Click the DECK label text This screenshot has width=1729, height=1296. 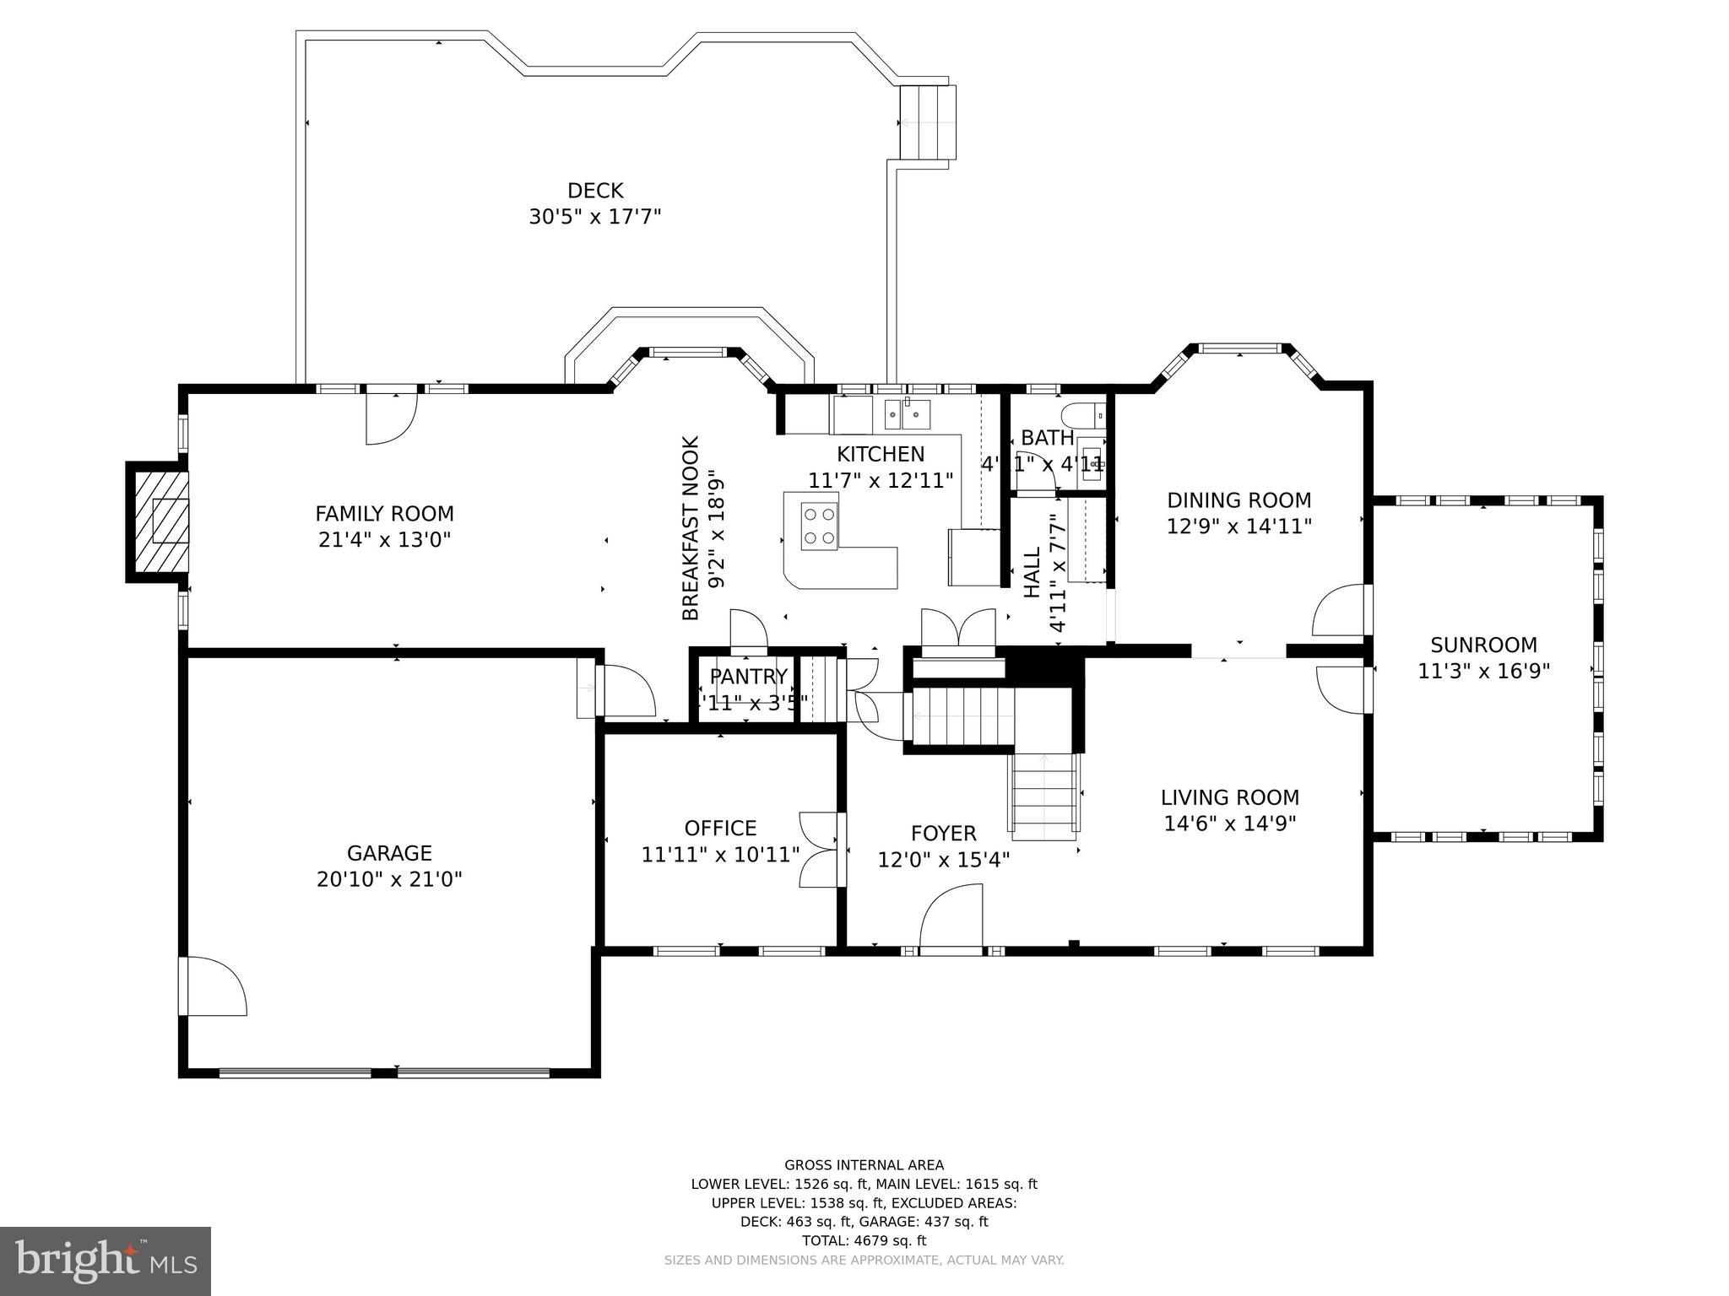(594, 191)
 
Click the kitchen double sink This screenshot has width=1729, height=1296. (907, 414)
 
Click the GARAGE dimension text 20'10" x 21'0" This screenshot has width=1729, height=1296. (389, 880)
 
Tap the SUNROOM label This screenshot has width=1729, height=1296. (1483, 645)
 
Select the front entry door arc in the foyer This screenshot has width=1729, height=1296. (952, 919)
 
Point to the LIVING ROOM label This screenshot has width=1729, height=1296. (1229, 797)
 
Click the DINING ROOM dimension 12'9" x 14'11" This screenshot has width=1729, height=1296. (1238, 526)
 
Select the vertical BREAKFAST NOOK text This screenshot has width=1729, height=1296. (691, 528)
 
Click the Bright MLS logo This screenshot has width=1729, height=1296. (105, 1261)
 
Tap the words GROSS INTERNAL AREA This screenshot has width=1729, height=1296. (864, 1165)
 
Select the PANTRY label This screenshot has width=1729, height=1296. (748, 677)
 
